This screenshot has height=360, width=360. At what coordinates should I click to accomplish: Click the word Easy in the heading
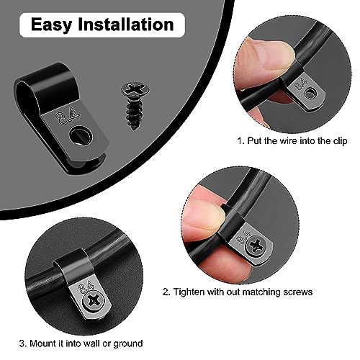pos(52,25)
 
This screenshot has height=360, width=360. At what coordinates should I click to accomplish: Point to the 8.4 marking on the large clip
pos(68,116)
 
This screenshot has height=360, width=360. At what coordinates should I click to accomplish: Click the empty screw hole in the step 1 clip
pos(311,93)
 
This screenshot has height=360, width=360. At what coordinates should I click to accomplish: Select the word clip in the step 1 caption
pos(340,141)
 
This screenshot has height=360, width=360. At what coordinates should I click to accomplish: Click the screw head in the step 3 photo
pos(93,300)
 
